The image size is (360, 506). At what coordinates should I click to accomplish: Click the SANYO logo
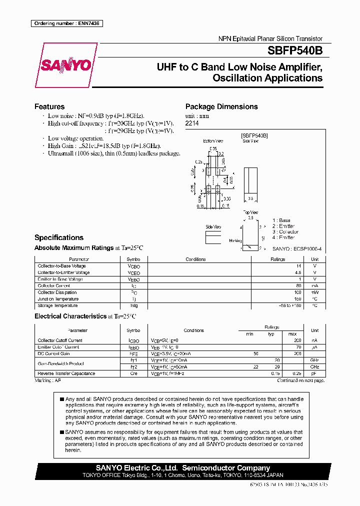click(65, 65)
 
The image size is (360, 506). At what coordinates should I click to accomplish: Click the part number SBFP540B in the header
click(295, 50)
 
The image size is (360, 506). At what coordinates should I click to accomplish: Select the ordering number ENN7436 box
click(66, 23)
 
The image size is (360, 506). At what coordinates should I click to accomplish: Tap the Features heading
click(49, 106)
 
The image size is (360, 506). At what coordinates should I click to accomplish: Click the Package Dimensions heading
click(221, 106)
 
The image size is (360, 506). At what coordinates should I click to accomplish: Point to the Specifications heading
click(59, 237)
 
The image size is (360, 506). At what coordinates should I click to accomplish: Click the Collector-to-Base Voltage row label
click(62, 266)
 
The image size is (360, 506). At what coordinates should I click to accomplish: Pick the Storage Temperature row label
click(58, 305)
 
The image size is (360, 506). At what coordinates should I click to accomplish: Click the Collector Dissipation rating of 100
click(298, 292)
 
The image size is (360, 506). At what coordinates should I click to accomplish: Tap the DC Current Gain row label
click(54, 353)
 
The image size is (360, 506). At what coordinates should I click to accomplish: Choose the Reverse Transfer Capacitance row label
click(66, 373)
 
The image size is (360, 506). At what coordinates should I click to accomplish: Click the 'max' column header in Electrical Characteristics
click(292, 333)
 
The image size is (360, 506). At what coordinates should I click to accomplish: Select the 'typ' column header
click(271, 333)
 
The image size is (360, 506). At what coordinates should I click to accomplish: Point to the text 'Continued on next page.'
click(301, 380)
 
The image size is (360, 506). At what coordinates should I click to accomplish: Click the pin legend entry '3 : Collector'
click(285, 232)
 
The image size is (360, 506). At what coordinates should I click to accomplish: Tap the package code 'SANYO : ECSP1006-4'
click(297, 248)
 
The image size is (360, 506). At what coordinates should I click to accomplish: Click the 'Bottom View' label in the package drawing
click(212, 141)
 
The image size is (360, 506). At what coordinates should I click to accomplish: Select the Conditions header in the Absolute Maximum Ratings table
click(195, 259)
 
